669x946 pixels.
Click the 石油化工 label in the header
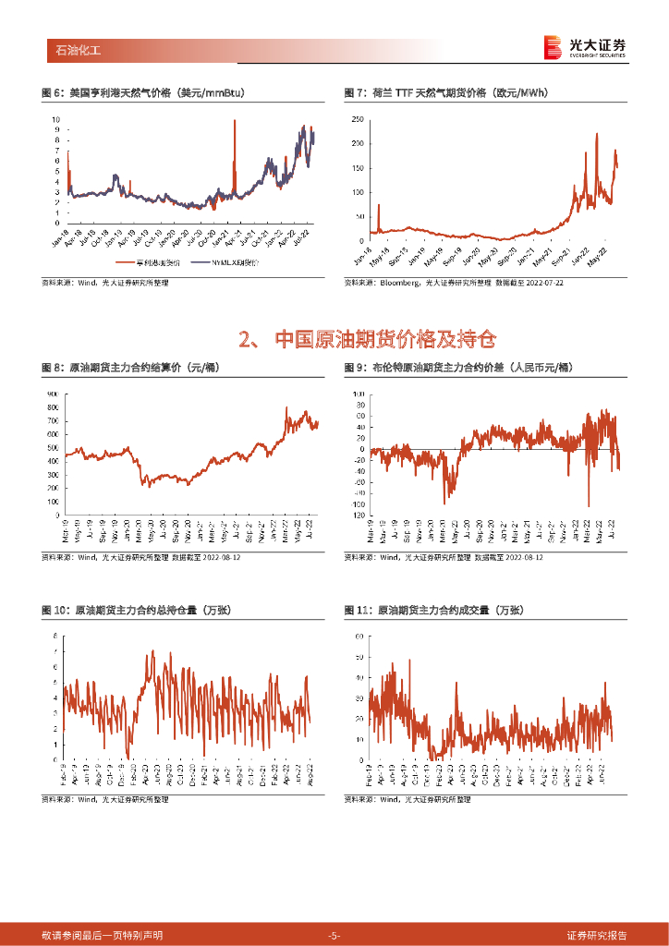(x=73, y=50)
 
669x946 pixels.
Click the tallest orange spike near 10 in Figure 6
(x=235, y=121)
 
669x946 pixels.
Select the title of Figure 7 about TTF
(x=444, y=92)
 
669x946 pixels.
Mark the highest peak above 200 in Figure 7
(x=596, y=134)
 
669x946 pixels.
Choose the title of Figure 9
(x=457, y=368)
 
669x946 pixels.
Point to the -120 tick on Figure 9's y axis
(x=359, y=515)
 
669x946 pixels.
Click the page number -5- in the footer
(x=334, y=936)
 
